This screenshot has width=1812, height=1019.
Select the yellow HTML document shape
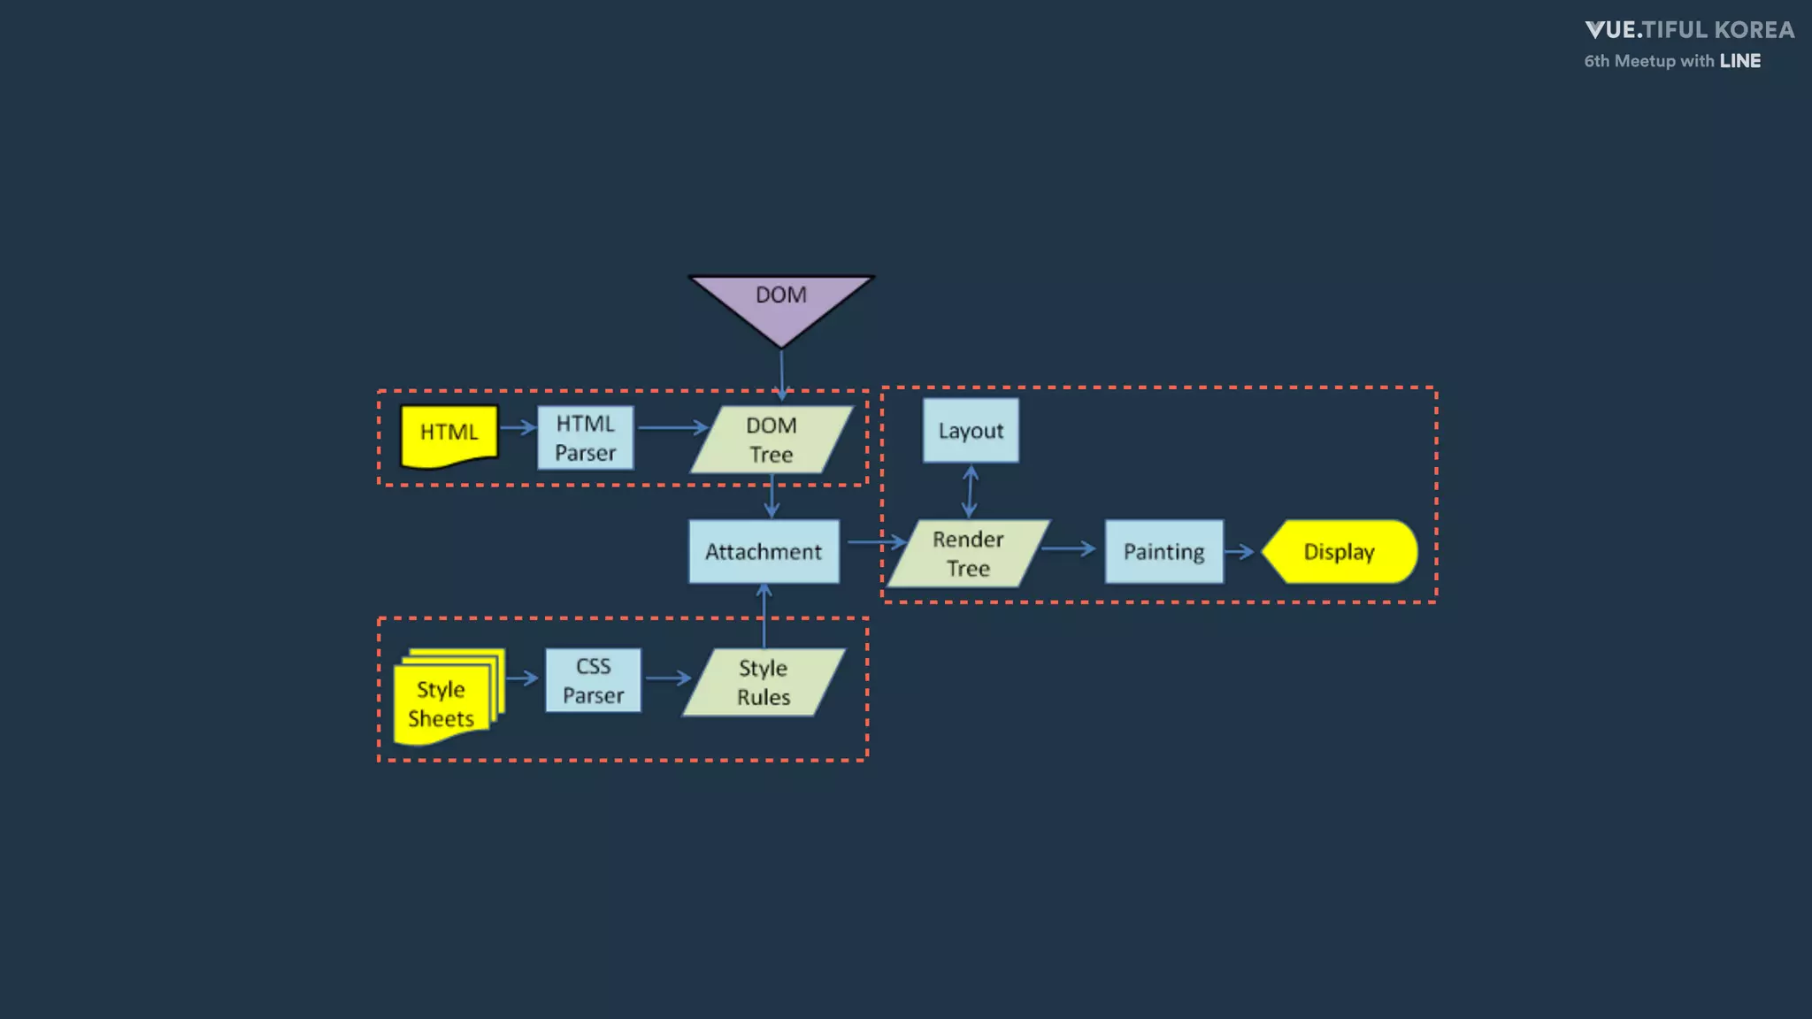pos(449,434)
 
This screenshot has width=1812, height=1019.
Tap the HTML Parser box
pos(586,438)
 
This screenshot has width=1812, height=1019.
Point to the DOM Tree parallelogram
pos(772,440)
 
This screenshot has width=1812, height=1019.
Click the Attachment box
pos(764,551)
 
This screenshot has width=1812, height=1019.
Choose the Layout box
pos(971,431)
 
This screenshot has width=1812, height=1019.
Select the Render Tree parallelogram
pos(968,554)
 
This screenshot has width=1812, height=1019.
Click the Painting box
pos(1163,551)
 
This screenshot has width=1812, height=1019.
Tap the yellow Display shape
pos(1340,551)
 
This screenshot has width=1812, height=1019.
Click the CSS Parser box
pos(593,680)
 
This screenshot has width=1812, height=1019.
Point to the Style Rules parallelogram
pos(764,682)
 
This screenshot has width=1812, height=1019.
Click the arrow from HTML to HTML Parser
pos(518,428)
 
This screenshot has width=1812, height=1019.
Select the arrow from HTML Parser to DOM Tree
pos(672,428)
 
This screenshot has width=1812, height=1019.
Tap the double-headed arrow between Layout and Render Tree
pos(971,491)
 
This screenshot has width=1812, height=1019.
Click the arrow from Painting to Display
pos(1240,552)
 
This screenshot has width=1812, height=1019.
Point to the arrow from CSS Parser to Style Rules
pos(668,678)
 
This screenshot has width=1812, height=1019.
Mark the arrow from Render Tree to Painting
pos(1069,549)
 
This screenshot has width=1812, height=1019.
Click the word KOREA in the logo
pos(1754,30)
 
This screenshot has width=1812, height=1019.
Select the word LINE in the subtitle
pos(1739,61)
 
